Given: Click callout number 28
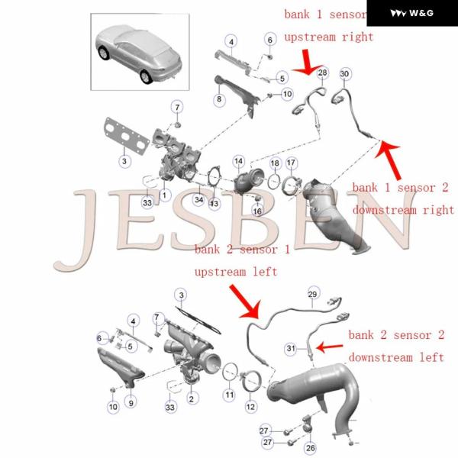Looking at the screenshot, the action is (322, 73).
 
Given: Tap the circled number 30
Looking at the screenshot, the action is (345, 73).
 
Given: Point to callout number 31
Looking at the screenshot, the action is (291, 348).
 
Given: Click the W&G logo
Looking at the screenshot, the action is (412, 13).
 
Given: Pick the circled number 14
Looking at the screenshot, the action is (239, 161).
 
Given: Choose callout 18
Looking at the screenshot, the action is (275, 163).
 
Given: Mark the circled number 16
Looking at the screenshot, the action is (257, 211).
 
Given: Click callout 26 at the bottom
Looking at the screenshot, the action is (310, 447).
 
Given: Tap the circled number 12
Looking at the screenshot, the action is (250, 406).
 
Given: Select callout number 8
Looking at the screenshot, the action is (219, 99).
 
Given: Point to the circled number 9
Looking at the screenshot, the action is (131, 403).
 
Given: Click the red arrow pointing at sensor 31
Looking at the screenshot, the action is (330, 347).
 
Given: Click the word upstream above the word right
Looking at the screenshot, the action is (310, 37).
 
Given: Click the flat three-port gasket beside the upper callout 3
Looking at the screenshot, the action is (126, 137).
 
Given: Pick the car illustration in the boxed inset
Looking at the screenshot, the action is (139, 54).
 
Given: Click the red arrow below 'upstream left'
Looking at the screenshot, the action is (247, 302).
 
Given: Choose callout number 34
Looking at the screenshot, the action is (199, 199).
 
